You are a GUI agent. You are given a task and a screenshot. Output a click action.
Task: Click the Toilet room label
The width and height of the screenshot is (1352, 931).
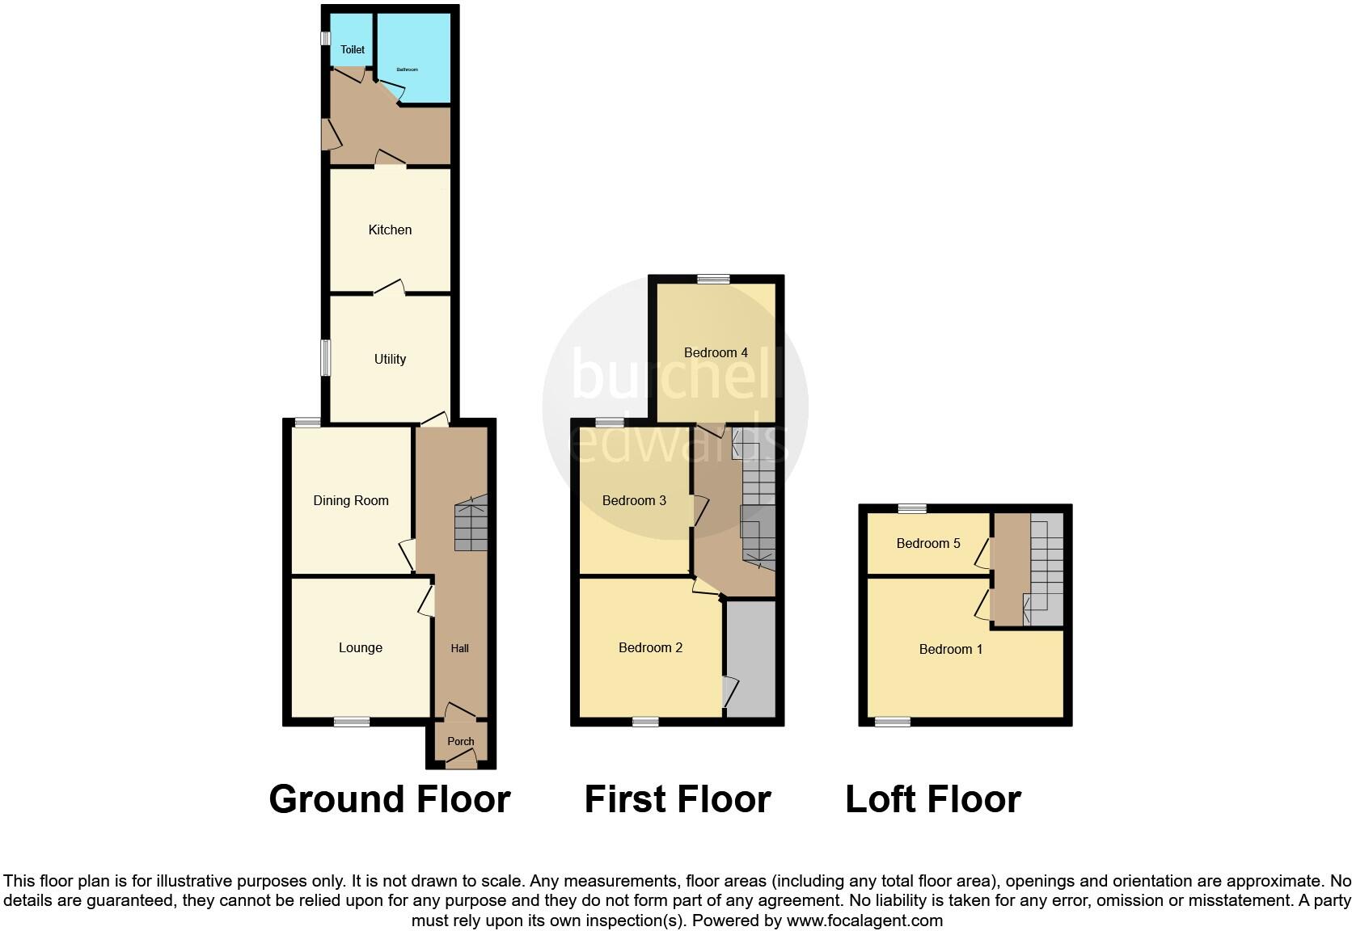[x=353, y=49]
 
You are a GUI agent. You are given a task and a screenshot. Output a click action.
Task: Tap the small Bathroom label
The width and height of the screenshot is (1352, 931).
[x=407, y=70]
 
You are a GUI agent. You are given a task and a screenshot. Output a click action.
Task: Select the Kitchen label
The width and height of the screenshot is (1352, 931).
[x=390, y=230]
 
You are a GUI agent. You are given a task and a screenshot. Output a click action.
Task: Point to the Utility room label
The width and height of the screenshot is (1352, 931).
[x=390, y=359]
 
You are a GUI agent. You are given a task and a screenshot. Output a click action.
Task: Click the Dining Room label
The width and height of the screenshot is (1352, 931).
[x=351, y=500]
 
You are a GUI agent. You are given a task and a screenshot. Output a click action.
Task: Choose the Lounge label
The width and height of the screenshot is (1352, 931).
[x=361, y=647]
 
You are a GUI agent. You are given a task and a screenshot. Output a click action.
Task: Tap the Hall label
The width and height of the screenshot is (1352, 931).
[x=460, y=648]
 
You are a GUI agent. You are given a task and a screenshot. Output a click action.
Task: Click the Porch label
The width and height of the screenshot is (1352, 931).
[x=461, y=741]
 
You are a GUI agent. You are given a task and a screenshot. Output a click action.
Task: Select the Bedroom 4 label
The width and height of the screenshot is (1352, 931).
[x=716, y=352]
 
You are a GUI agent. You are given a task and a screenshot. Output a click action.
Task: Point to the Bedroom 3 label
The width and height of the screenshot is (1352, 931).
[x=634, y=500]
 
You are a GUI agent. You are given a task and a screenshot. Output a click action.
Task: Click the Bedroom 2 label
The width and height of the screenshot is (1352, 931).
[x=650, y=647]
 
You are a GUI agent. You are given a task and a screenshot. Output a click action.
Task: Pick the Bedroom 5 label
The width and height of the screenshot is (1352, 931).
[x=928, y=543]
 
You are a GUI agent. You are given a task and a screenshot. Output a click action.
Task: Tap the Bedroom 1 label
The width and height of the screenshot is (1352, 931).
[x=951, y=649]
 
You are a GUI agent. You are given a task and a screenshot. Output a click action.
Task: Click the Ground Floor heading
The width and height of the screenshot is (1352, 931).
[x=389, y=799]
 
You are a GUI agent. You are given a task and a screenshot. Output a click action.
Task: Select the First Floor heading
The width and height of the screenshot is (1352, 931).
[x=678, y=799]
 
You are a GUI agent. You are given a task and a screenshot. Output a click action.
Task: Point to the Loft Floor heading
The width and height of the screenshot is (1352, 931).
[x=933, y=799]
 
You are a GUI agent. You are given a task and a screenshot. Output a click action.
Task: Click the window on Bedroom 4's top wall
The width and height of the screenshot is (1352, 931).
[x=713, y=280]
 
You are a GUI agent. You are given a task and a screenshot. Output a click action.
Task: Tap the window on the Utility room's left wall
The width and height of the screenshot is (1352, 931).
[x=326, y=358]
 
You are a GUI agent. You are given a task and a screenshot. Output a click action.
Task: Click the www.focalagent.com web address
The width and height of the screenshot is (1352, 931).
[x=864, y=920]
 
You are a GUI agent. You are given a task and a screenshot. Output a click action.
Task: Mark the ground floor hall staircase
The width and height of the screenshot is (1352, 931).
[x=471, y=524]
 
